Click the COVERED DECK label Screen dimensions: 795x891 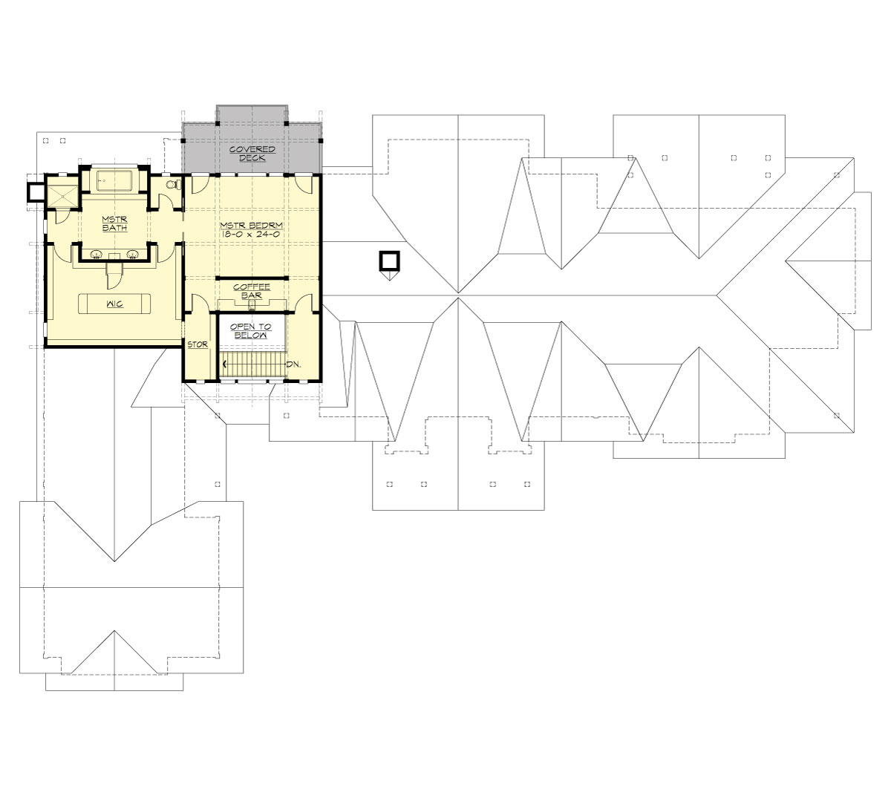(252, 154)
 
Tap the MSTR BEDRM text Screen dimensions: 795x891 (252, 224)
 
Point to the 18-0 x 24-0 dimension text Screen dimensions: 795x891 (252, 233)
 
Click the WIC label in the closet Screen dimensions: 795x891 (114, 305)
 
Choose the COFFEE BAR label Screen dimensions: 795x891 (252, 290)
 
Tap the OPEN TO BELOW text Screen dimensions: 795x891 (249, 331)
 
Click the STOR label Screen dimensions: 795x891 (197, 344)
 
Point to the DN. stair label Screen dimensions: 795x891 (294, 364)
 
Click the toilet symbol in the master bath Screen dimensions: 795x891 (172, 185)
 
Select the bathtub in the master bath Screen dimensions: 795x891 (114, 181)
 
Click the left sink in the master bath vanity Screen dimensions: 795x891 (97, 254)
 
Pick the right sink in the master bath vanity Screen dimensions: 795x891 (134, 254)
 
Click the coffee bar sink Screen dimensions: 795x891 (252, 303)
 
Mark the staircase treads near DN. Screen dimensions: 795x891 (254, 364)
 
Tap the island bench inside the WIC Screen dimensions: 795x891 (115, 304)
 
